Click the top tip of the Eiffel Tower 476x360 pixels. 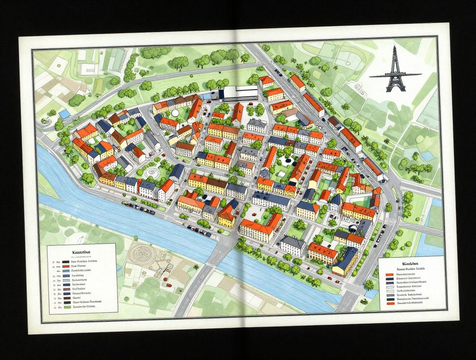click(394, 47)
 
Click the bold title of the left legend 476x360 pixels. click(81, 252)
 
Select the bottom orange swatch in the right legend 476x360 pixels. click(389, 304)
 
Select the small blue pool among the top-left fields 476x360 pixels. click(64, 115)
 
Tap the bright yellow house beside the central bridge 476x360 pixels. click(226, 219)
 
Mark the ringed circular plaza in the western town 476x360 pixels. click(152, 172)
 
